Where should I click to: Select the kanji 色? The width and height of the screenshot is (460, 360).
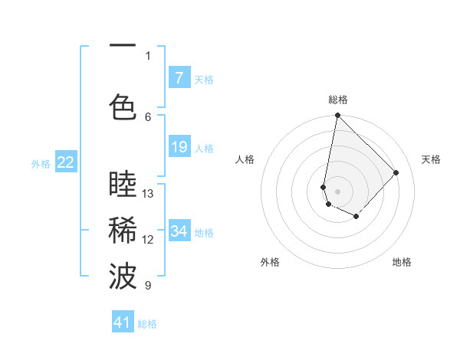tap(123, 106)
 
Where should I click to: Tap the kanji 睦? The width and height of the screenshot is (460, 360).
tap(123, 184)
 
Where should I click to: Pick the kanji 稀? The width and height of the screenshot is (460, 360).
tap(123, 230)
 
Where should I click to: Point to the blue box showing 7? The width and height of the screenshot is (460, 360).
tap(179, 77)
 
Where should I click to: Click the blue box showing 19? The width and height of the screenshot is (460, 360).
tap(179, 147)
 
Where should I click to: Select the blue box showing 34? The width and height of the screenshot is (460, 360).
tap(179, 231)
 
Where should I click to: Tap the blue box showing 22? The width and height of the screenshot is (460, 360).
tap(65, 162)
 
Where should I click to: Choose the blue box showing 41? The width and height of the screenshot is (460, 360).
tap(123, 322)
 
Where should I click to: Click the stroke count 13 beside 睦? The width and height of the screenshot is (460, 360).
tap(148, 194)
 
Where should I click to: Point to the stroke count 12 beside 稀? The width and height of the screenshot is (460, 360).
tap(148, 240)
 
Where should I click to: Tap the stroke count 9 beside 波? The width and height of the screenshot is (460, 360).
tap(148, 286)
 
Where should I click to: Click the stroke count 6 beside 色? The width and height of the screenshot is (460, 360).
tap(148, 116)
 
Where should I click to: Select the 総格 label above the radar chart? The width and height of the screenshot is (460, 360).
tap(337, 100)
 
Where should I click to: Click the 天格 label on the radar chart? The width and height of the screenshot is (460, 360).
tap(431, 159)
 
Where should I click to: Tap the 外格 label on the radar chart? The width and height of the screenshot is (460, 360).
tap(270, 262)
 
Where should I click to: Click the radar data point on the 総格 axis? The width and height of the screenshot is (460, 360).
tap(337, 116)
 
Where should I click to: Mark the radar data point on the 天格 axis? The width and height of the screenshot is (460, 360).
tap(396, 172)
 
